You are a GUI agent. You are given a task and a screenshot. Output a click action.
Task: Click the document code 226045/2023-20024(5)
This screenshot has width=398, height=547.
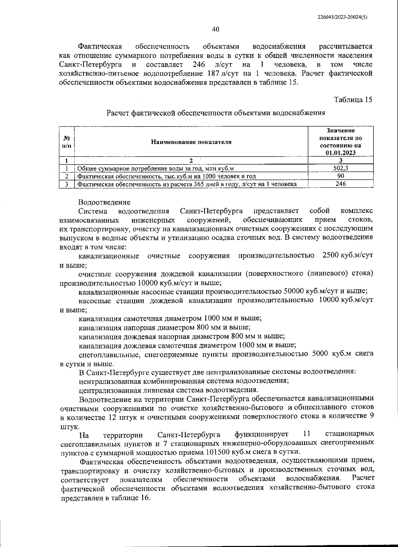tap(344, 17)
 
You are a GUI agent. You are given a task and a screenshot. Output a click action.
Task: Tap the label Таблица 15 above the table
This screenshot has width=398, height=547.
tap(353, 100)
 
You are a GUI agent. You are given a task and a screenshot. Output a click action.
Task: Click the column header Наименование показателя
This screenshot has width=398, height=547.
tap(191, 142)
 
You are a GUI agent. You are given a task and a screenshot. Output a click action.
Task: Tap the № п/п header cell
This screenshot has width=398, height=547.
tap(67, 142)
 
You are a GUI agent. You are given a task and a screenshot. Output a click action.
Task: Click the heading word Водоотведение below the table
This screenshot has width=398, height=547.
tap(104, 202)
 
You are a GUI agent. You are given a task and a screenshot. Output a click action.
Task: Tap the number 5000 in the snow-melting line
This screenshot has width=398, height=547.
tap(321, 354)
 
